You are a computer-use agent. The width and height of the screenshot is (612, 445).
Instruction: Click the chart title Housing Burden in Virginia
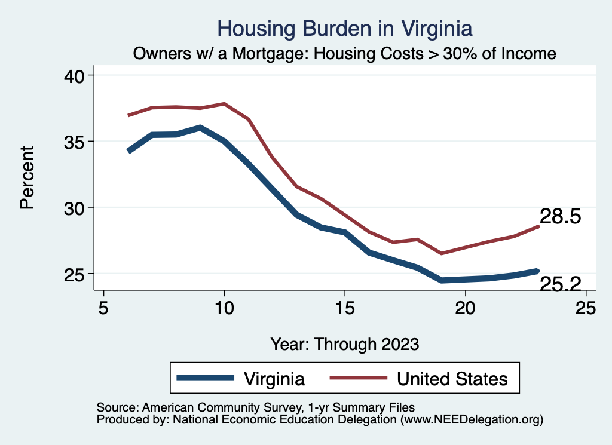tap(345, 28)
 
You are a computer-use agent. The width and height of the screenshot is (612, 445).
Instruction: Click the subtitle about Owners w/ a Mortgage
tap(345, 54)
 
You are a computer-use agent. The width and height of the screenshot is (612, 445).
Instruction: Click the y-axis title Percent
tap(26, 177)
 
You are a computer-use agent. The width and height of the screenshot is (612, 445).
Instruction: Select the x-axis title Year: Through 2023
tap(345, 344)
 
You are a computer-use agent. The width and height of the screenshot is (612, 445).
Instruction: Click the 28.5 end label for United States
tap(561, 216)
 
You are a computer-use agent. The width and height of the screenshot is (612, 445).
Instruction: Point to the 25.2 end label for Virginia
tap(561, 284)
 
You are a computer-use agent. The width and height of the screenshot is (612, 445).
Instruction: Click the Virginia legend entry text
tap(274, 379)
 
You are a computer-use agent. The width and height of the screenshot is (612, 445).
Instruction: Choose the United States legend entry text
tap(452, 379)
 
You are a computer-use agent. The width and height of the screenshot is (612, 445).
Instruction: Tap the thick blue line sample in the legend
tap(205, 378)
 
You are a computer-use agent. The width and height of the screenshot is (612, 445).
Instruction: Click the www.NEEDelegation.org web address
tap(472, 420)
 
